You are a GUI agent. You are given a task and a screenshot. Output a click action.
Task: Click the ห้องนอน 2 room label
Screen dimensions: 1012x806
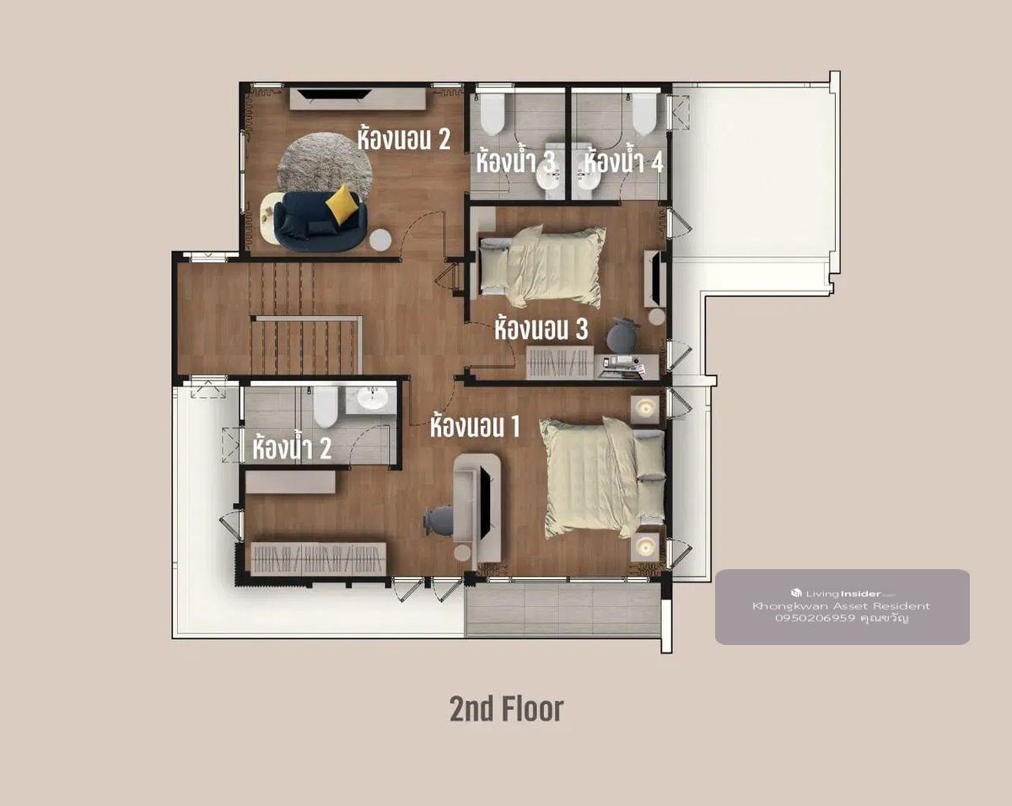(403, 139)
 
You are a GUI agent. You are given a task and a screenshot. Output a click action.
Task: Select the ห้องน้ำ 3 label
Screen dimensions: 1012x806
(515, 161)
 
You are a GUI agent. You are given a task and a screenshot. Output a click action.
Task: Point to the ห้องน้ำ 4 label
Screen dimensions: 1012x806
(623, 161)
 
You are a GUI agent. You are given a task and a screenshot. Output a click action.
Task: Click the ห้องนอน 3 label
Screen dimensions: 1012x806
(541, 328)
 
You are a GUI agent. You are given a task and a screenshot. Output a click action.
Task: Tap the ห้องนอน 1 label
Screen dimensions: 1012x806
(475, 426)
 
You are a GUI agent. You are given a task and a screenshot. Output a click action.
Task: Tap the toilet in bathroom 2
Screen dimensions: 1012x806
(326, 406)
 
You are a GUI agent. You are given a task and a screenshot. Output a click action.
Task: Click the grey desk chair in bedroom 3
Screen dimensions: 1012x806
(622, 335)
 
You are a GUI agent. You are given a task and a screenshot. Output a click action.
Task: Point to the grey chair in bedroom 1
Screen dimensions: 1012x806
(438, 520)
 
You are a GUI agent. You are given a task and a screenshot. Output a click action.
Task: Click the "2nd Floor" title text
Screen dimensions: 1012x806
(507, 709)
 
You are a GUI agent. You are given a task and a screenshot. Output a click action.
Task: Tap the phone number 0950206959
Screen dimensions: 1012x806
(815, 618)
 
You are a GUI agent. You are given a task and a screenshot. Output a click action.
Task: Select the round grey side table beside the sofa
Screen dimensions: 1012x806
(380, 240)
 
